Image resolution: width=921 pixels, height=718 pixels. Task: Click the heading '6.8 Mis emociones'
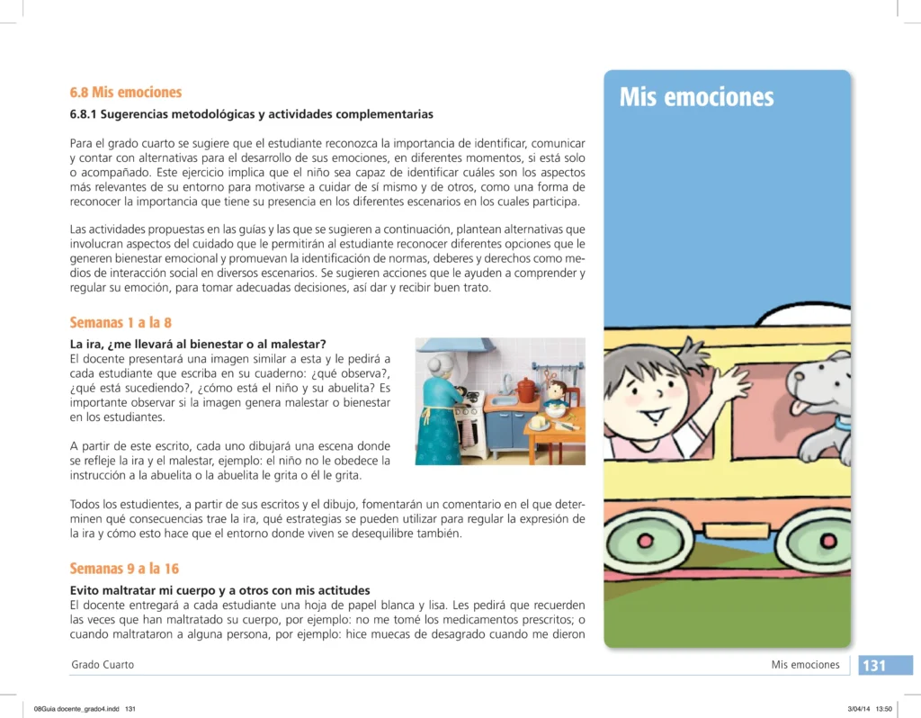pyautogui.click(x=126, y=93)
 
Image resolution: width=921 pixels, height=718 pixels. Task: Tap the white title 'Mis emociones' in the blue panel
pyautogui.click(x=696, y=97)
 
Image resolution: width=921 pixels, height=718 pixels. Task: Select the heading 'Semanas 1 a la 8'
pyautogui.click(x=121, y=323)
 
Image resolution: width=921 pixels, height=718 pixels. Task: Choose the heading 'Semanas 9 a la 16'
pyautogui.click(x=124, y=569)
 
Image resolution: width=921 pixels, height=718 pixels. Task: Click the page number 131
pyautogui.click(x=874, y=666)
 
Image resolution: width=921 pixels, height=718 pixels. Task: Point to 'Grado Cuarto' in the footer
pyautogui.click(x=103, y=665)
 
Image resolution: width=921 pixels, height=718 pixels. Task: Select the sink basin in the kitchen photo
pyautogui.click(x=505, y=400)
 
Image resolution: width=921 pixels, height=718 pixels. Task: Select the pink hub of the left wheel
pyautogui.click(x=645, y=541)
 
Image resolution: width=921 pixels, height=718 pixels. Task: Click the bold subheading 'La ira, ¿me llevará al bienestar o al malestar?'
pyautogui.click(x=198, y=345)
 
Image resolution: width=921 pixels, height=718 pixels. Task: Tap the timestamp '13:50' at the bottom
pyautogui.click(x=883, y=709)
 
